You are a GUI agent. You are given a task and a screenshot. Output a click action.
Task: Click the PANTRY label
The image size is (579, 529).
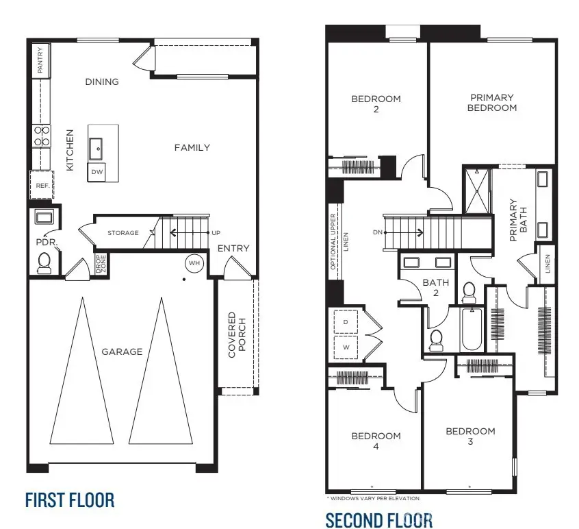[x=40, y=60]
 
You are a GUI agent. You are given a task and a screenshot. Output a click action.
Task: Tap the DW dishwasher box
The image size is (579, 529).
[x=97, y=172]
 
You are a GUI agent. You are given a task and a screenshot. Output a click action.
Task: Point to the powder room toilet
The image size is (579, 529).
[x=44, y=262]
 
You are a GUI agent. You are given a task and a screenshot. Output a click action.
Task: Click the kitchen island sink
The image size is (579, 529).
[x=97, y=145]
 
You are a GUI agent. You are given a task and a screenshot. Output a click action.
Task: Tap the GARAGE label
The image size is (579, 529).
[x=123, y=352]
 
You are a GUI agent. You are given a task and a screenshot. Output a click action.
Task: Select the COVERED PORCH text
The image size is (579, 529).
[x=237, y=335]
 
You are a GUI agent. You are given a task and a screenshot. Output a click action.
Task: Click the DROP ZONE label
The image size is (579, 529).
[x=101, y=264]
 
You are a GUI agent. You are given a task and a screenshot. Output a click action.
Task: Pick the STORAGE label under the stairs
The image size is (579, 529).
[x=123, y=233]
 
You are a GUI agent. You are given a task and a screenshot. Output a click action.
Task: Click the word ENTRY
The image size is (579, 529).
[x=233, y=248]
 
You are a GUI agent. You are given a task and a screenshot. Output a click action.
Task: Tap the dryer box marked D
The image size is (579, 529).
[x=345, y=321]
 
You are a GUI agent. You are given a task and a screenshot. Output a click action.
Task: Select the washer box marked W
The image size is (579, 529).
[x=345, y=346]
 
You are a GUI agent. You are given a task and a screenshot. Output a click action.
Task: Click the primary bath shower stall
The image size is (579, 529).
[x=478, y=190]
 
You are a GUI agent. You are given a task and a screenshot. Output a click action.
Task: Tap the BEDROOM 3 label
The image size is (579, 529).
[x=470, y=436]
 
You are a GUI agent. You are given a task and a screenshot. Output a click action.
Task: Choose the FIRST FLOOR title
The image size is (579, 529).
[x=70, y=500]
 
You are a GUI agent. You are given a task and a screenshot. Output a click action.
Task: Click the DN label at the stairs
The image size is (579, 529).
[x=376, y=232]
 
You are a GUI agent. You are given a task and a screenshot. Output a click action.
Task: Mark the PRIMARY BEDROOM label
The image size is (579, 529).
[x=492, y=103]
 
